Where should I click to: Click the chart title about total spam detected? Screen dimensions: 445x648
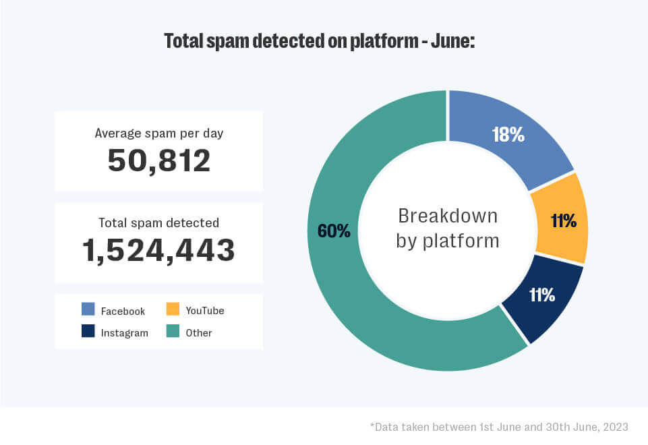(x=320, y=41)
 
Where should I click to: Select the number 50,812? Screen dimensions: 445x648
(x=159, y=161)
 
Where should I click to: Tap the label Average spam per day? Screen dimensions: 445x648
(x=159, y=133)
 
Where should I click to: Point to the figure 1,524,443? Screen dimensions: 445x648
(x=159, y=250)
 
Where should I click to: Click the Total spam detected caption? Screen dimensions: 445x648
(x=159, y=222)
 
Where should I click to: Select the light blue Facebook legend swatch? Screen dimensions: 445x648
(x=88, y=309)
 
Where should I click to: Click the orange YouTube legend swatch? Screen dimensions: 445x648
(x=173, y=309)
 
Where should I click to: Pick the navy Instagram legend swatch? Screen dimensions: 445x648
(x=88, y=332)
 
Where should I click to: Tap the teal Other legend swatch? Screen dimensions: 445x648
(x=173, y=332)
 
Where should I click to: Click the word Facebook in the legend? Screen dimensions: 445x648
(x=123, y=311)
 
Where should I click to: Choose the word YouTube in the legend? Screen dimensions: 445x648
(x=205, y=311)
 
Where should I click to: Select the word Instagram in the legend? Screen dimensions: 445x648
(x=124, y=333)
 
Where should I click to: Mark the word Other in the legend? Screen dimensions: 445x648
(x=199, y=333)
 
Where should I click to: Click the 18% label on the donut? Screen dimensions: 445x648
(x=508, y=135)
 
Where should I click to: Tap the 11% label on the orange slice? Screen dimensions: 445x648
(x=562, y=220)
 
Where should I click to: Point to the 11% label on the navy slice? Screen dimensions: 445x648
(x=541, y=295)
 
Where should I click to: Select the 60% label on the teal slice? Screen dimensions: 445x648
(x=334, y=231)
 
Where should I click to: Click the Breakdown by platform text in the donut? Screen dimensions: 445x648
(x=448, y=228)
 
